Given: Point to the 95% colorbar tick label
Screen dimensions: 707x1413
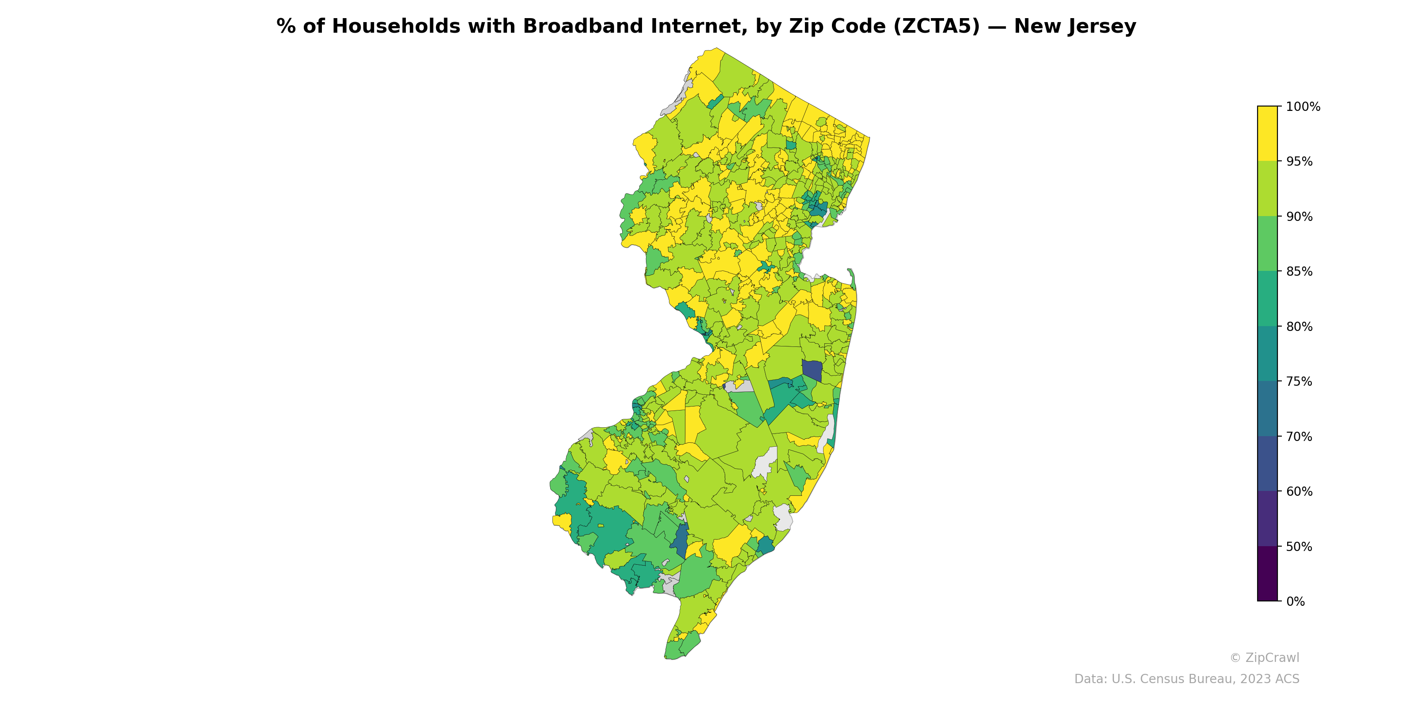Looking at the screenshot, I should click(x=1299, y=161).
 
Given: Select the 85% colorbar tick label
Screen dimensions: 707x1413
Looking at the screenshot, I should click(x=1299, y=272).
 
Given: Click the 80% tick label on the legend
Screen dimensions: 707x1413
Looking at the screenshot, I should click(x=1299, y=327).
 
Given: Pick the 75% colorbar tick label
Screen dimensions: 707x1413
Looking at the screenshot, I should click(x=1299, y=381).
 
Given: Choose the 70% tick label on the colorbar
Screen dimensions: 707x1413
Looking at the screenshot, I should click(x=1299, y=437).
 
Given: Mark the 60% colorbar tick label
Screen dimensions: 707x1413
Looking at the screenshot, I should click(x=1299, y=492).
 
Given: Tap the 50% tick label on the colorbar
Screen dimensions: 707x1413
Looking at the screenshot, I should click(x=1299, y=547).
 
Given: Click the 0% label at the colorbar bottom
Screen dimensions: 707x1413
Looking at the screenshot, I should click(x=1295, y=601).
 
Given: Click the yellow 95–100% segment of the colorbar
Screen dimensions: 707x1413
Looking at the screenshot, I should click(x=1267, y=133).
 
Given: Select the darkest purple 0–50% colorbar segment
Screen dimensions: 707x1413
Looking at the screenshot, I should click(x=1267, y=574).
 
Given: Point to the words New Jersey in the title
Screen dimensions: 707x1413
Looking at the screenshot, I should click(x=1075, y=27).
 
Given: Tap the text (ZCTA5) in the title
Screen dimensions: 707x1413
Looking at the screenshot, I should click(x=936, y=27).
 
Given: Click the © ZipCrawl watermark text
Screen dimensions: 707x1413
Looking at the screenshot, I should click(x=1264, y=658).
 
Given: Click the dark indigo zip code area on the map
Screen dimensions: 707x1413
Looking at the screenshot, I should click(x=812, y=371).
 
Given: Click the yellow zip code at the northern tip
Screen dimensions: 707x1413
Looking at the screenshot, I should click(x=707, y=63).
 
